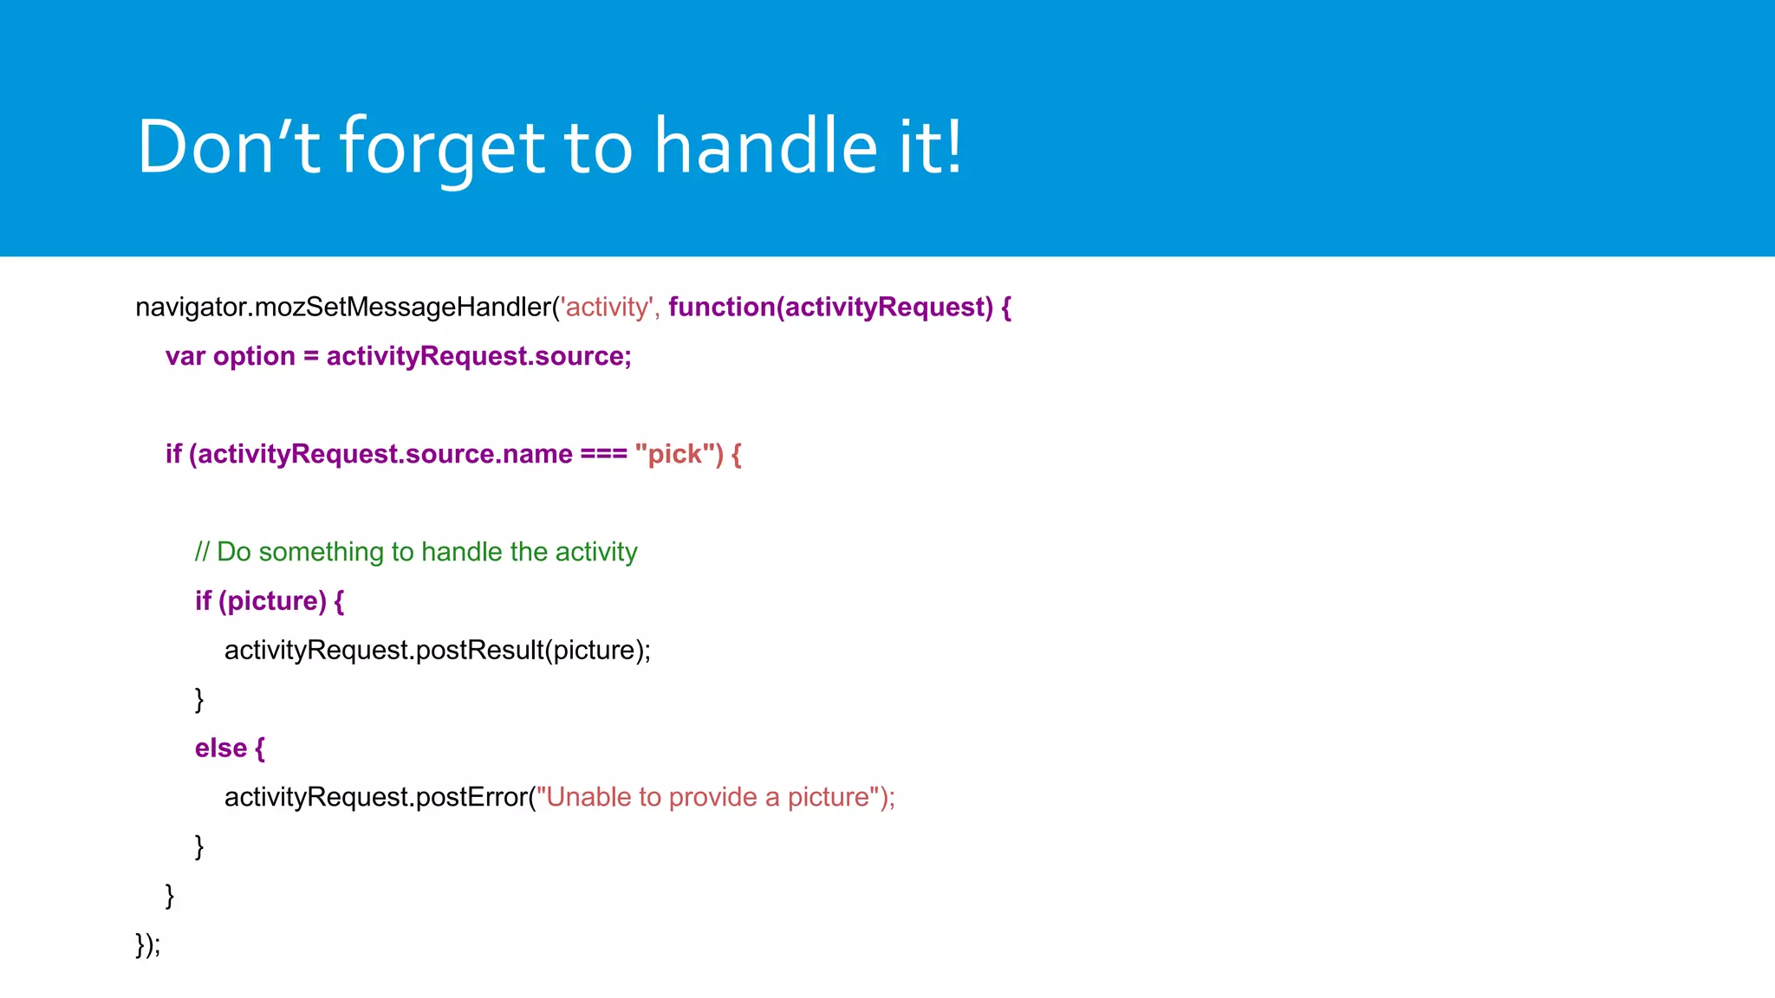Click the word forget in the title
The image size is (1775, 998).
point(442,147)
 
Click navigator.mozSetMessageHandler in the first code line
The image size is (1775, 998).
point(343,308)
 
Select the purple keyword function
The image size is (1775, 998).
point(721,308)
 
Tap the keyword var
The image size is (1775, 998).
point(185,357)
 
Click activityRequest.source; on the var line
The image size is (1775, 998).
point(478,357)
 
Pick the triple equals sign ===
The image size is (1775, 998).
point(603,454)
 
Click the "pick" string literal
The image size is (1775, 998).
point(675,454)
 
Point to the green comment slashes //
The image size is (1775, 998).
point(202,552)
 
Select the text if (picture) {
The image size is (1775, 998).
point(269,601)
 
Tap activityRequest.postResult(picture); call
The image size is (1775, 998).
point(437,651)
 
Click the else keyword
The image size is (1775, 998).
point(220,748)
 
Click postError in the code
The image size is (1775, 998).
point(471,797)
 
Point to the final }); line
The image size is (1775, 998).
point(148,944)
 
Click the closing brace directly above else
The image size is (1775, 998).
point(199,699)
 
